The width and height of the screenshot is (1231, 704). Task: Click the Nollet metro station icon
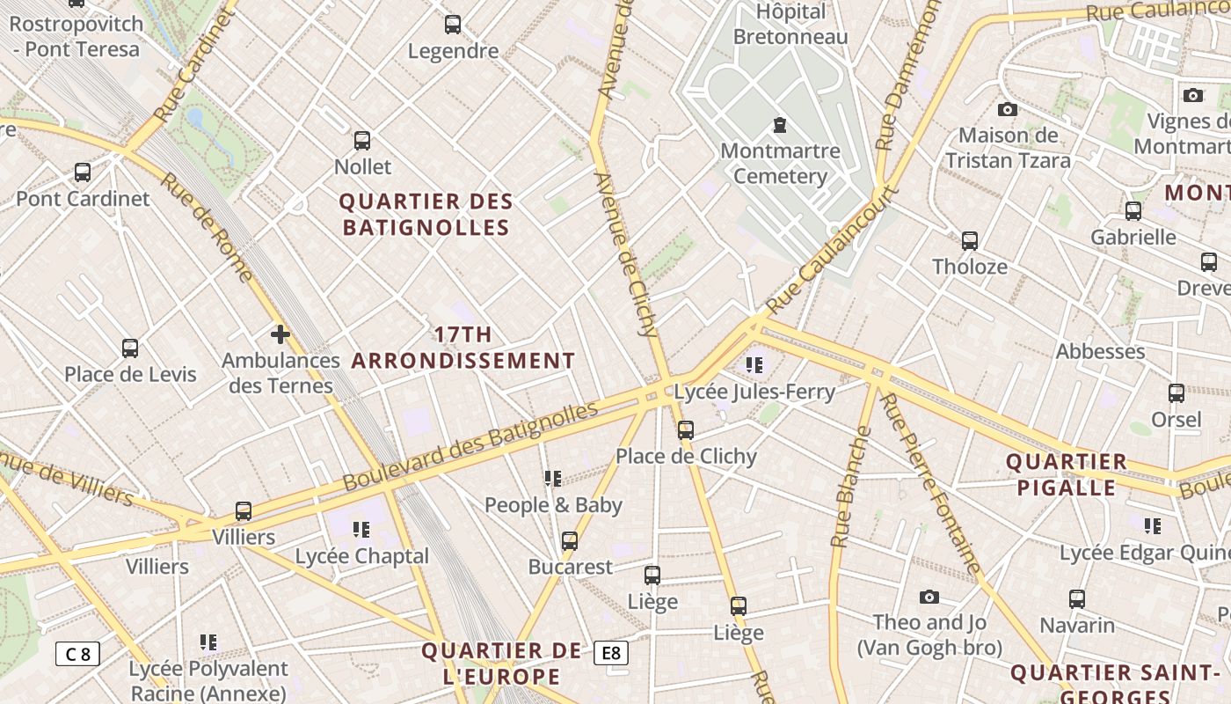click(361, 140)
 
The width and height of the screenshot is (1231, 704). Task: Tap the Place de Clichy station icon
click(686, 430)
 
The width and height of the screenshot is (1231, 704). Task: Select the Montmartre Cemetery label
click(780, 164)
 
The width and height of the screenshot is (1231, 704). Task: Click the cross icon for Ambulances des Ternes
click(280, 334)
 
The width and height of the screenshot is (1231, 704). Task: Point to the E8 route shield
click(611, 653)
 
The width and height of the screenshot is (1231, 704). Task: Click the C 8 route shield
click(78, 654)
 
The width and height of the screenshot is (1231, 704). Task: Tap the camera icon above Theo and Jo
click(929, 598)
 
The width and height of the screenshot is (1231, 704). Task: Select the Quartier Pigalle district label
click(1066, 474)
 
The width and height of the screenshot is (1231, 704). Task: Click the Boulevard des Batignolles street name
click(470, 445)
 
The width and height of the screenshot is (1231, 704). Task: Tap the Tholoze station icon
click(970, 240)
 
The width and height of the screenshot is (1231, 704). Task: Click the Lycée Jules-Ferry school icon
click(754, 364)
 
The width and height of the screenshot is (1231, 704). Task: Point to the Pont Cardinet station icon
click(83, 172)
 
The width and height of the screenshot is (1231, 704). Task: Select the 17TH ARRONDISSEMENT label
click(463, 348)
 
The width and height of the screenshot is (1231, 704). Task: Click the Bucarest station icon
click(570, 540)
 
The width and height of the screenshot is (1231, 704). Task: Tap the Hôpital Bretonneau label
click(790, 24)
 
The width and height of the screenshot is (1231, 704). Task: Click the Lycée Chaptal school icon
click(361, 530)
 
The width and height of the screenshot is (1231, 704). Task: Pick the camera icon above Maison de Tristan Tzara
click(1008, 109)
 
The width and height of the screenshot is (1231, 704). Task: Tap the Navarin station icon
click(1077, 599)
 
